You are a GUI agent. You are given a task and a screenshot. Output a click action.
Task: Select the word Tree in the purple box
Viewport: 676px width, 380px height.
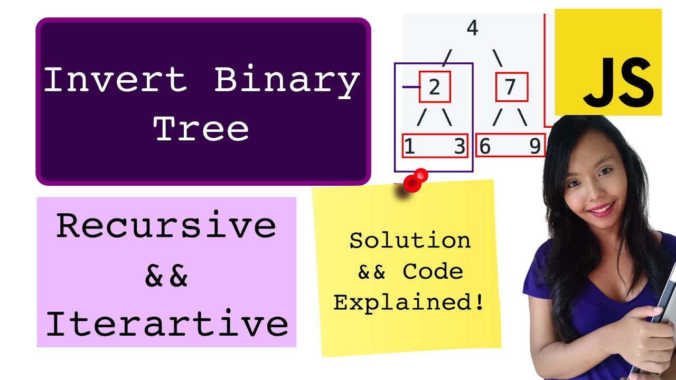click(x=201, y=128)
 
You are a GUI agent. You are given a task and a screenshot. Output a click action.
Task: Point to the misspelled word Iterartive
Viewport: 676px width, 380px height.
click(x=167, y=324)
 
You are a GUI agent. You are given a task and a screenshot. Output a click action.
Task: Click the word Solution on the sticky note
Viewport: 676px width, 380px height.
click(x=410, y=241)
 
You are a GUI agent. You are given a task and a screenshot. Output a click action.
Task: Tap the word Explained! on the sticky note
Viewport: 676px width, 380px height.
click(x=409, y=303)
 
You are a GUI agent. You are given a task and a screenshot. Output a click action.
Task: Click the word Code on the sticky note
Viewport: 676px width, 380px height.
click(x=433, y=272)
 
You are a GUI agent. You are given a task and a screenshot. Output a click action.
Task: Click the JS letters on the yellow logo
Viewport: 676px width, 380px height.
click(x=618, y=82)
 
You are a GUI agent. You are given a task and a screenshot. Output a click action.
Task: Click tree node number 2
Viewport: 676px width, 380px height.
click(x=435, y=87)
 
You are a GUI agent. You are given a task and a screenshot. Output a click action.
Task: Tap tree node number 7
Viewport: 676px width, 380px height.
click(x=510, y=87)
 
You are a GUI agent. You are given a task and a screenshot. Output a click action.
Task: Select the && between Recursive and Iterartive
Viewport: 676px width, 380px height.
click(x=166, y=276)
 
